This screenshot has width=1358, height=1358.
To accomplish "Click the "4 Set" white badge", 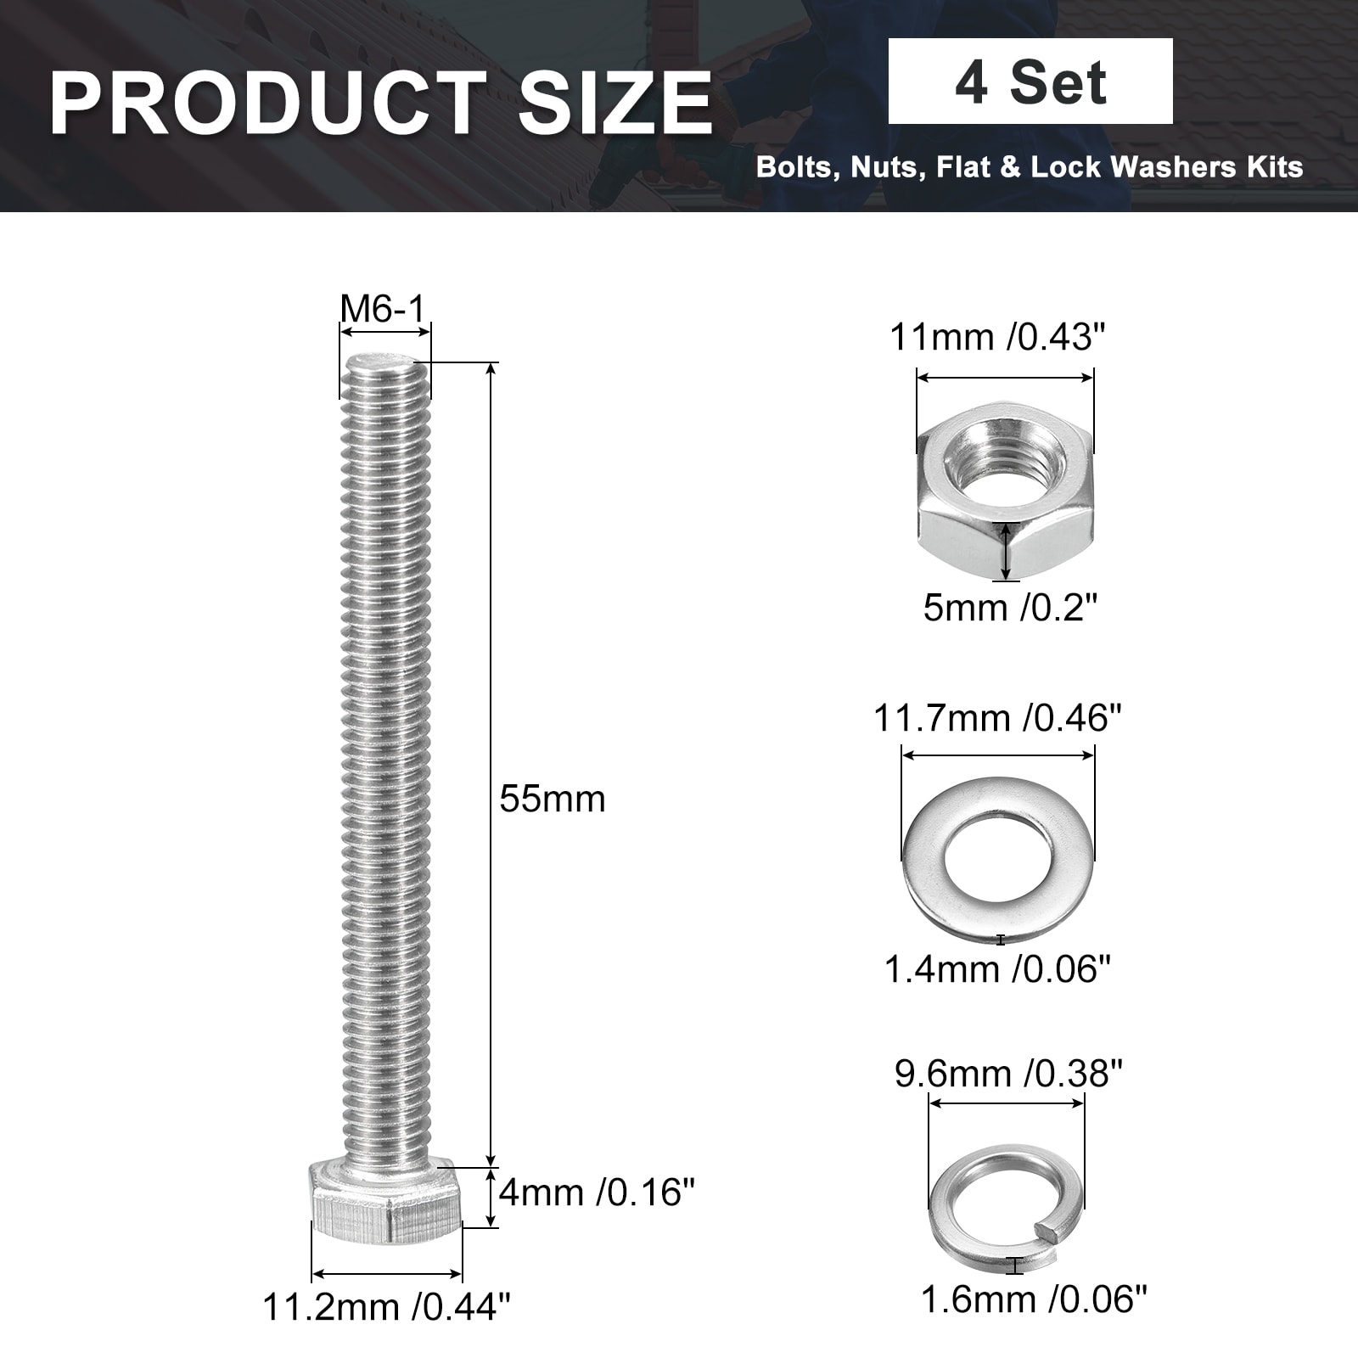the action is tap(1030, 81).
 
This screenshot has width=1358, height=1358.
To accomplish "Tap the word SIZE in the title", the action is tap(614, 103).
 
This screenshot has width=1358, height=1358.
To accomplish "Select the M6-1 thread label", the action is tap(382, 309).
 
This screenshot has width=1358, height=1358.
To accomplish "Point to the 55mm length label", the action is tap(553, 800).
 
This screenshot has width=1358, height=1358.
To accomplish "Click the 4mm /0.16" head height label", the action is tap(597, 1192).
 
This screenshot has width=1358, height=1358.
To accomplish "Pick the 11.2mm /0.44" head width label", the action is tap(387, 1306).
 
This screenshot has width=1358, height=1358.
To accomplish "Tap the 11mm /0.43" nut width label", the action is tap(998, 338).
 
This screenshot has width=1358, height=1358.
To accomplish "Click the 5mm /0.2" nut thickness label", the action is tap(1010, 608).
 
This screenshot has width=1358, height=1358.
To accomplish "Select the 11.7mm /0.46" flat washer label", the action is tap(998, 719).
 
